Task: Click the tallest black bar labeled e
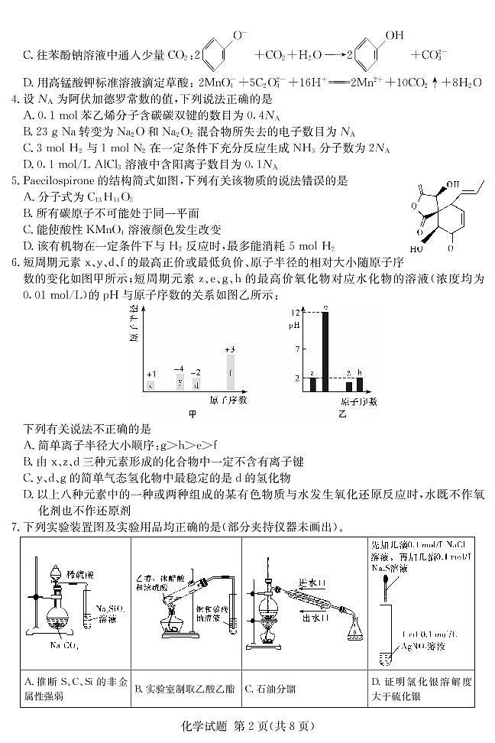[325, 352]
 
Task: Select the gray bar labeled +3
[230, 373]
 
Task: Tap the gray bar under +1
[151, 385]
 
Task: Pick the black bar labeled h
[359, 384]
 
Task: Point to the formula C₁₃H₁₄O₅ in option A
[90, 196]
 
